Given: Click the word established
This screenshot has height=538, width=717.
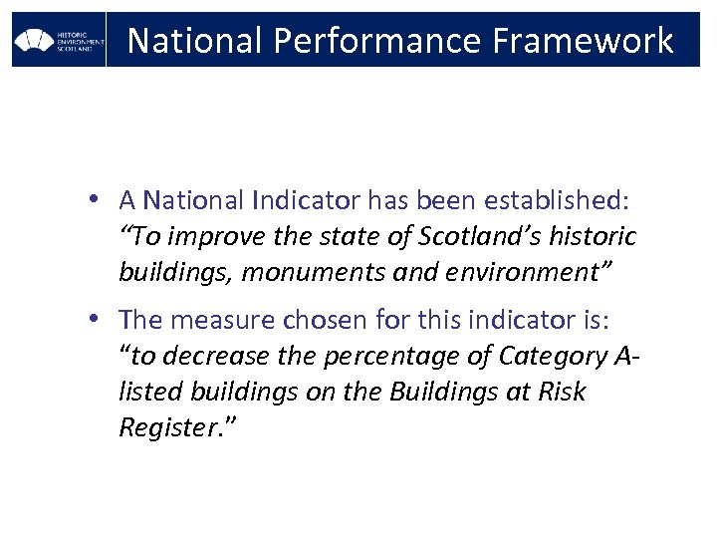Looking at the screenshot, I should tap(557, 200).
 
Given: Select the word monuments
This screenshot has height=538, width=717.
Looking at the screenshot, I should tap(304, 272).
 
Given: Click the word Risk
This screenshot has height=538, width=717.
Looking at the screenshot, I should tap(562, 392).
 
